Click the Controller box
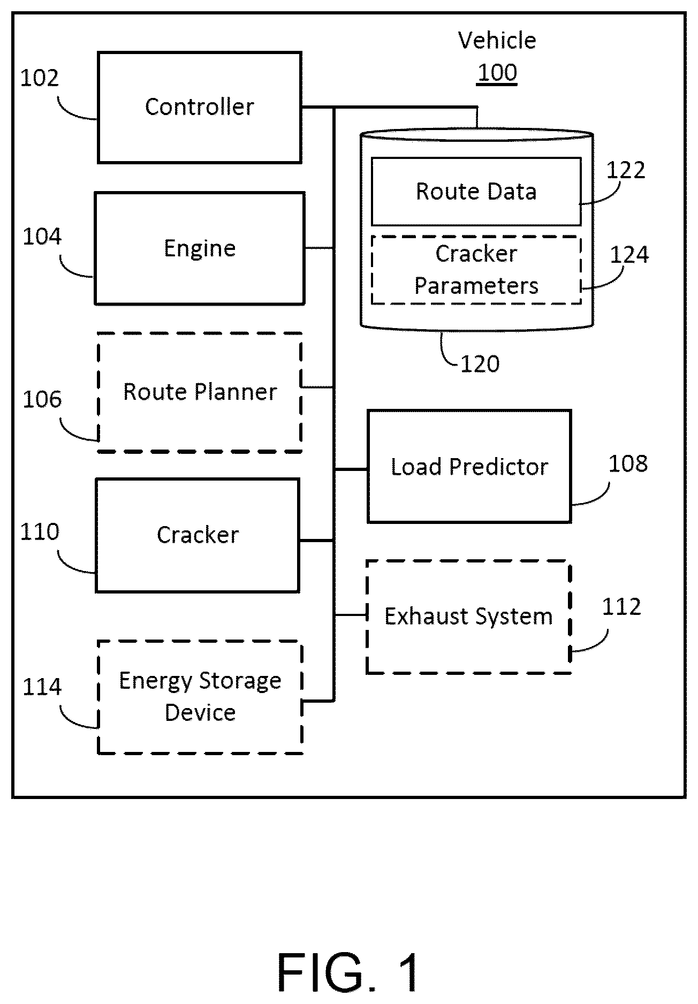coord(199,107)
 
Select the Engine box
coord(200,248)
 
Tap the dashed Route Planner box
coord(200,392)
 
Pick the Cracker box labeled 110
coord(198,535)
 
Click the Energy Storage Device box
coord(200,697)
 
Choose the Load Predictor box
coord(469,467)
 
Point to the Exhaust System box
coord(468,617)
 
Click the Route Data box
coord(476,191)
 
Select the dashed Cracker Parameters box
coord(476,270)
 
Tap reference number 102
coord(39,79)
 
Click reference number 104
coord(42,237)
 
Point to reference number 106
coord(42,399)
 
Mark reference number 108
coord(628,463)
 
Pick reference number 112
coord(621,607)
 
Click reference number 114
coord(42,687)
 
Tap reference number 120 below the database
coord(480,364)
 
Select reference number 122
coord(626,170)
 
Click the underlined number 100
coord(497,73)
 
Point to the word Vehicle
coord(497,41)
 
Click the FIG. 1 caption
coord(348,972)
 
